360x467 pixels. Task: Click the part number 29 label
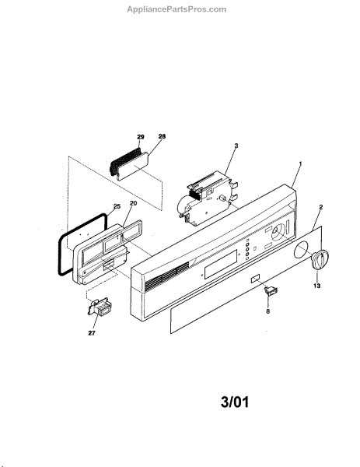tap(141, 137)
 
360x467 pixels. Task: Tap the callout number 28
tap(162, 136)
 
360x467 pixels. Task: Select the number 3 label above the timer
tap(236, 146)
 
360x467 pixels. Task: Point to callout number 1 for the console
tap(300, 163)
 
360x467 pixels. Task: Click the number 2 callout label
tap(320, 207)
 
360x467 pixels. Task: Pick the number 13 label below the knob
tap(317, 286)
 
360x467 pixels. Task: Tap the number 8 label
tap(267, 311)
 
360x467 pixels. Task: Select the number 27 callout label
tap(92, 333)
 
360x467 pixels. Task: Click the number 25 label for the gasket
tap(117, 206)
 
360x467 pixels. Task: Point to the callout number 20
tap(133, 203)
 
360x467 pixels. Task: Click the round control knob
tap(320, 260)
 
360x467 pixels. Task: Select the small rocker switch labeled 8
tap(271, 290)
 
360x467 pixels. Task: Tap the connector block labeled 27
tap(100, 307)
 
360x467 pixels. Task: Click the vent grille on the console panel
tap(167, 276)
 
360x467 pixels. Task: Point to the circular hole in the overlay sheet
tap(302, 250)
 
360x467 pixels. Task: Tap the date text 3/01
tap(235, 402)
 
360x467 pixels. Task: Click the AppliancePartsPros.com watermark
tap(177, 9)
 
